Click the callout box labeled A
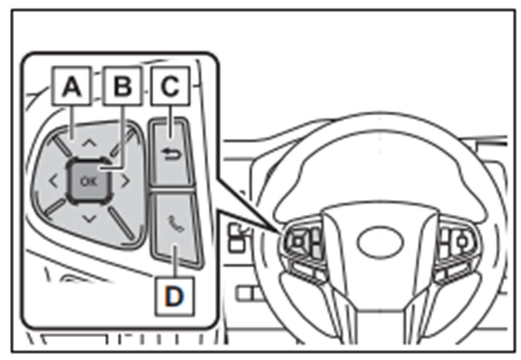[72, 86]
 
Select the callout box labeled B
[122, 86]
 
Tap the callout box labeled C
[171, 86]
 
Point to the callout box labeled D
[175, 296]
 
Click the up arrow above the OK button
[89, 143]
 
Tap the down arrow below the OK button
[89, 219]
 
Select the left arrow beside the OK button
[53, 182]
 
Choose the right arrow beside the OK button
[125, 182]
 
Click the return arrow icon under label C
[171, 155]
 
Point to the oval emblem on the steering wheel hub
[380, 242]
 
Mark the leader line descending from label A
[72, 122]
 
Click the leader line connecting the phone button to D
[175, 261]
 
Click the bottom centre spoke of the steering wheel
[380, 322]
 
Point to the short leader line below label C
[170, 122]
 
